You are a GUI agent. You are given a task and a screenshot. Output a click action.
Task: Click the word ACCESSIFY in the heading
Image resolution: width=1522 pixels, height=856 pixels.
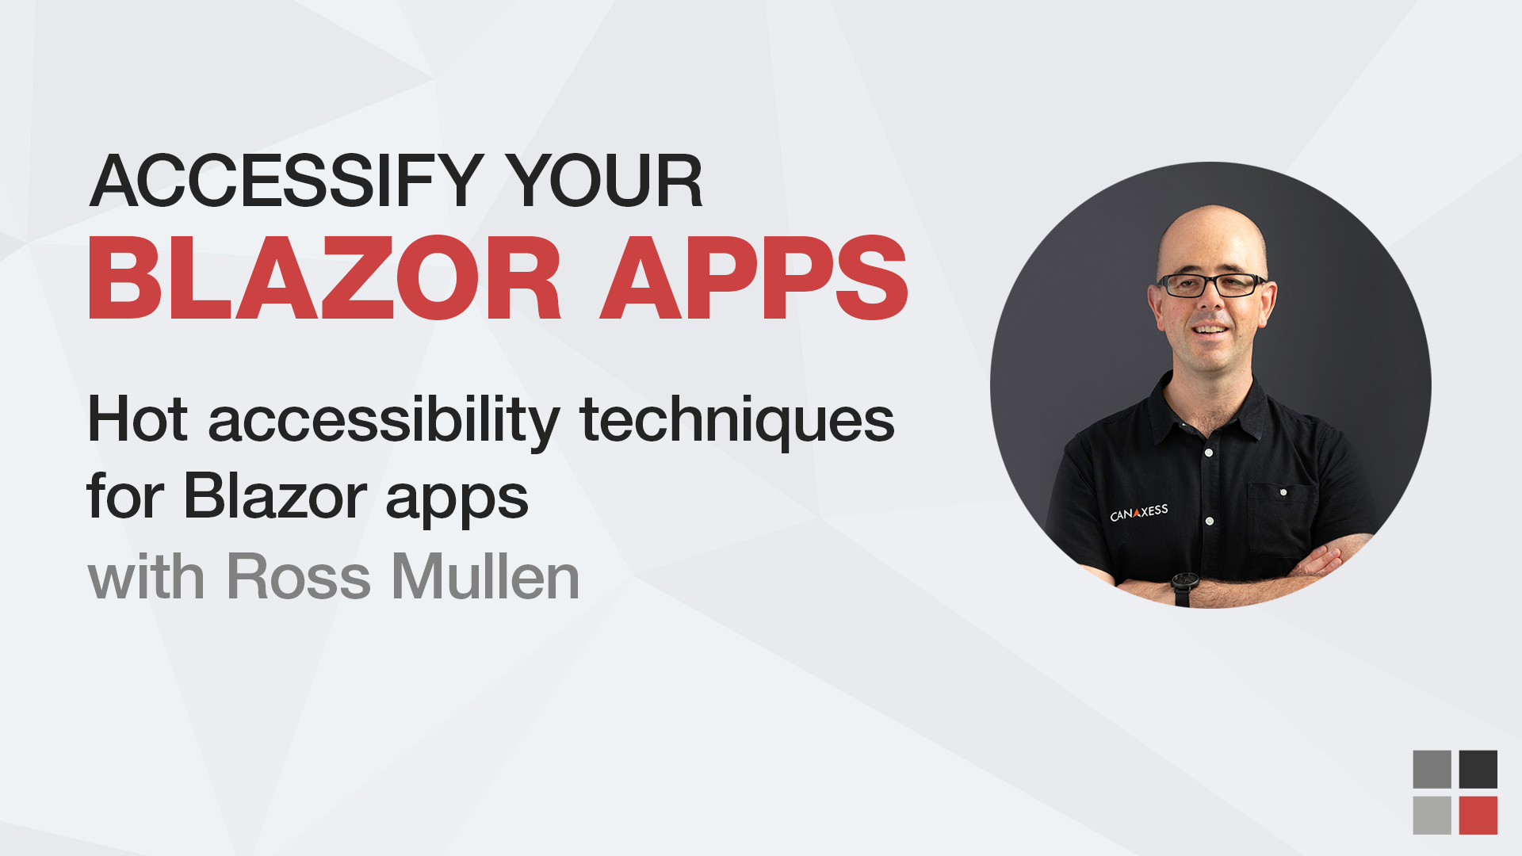(x=286, y=182)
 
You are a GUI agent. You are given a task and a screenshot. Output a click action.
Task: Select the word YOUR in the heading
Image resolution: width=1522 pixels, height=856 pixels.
(x=604, y=182)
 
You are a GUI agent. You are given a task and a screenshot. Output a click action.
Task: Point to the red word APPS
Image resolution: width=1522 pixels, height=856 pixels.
(x=754, y=279)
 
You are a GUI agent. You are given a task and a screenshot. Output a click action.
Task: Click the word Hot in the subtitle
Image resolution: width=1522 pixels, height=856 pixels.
(x=137, y=419)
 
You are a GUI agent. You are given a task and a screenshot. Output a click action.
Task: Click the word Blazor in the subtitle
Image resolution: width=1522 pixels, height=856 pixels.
(x=275, y=497)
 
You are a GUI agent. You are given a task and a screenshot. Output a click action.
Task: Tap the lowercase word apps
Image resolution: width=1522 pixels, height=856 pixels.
(x=457, y=501)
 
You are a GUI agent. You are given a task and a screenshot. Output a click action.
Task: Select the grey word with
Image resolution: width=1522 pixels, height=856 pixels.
(x=146, y=577)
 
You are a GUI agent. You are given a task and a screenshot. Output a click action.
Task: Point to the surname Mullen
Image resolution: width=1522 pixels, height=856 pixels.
(x=485, y=577)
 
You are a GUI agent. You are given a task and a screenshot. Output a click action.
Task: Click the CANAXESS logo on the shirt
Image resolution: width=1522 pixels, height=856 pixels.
(x=1138, y=513)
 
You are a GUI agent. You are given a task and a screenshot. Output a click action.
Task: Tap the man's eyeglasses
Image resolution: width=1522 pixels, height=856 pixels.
(x=1210, y=285)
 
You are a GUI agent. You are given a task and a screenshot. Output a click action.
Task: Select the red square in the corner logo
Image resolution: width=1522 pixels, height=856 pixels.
(x=1478, y=816)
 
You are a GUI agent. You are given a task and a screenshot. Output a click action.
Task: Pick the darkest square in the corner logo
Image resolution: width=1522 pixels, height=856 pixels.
(x=1478, y=770)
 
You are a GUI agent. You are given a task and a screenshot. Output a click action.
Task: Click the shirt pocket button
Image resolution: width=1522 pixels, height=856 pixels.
(x=1283, y=492)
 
